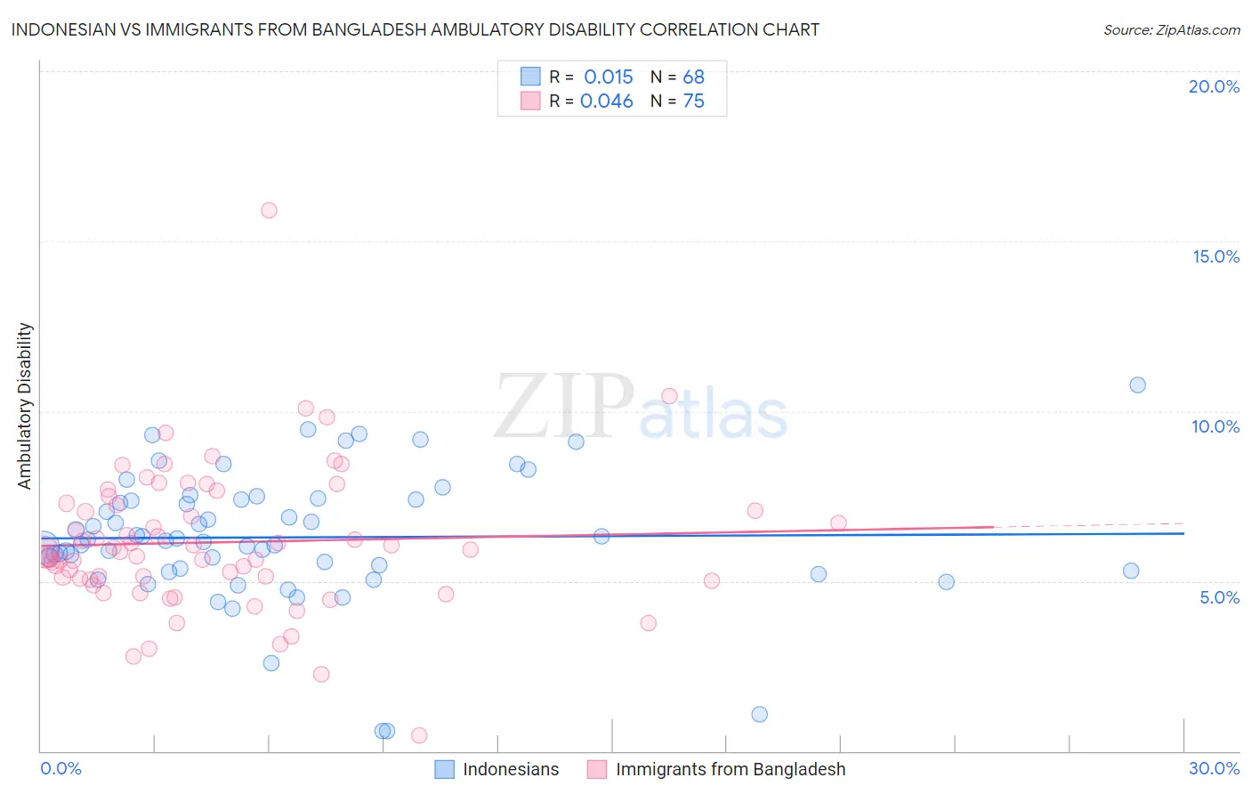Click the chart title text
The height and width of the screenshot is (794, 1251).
click(x=416, y=29)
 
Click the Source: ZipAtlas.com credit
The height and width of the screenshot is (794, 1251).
click(x=1171, y=29)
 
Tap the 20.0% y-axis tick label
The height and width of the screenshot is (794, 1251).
click(x=1214, y=86)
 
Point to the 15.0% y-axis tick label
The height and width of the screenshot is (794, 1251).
click(x=1215, y=256)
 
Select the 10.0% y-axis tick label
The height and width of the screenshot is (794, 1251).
click(x=1215, y=426)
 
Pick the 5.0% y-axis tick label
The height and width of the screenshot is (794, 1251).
click(x=1219, y=597)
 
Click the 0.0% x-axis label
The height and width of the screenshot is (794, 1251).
click(x=61, y=768)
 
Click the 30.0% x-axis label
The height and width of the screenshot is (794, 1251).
click(x=1214, y=768)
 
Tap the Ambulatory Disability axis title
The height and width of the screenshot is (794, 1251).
click(x=25, y=406)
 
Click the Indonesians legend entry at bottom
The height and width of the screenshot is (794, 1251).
click(x=511, y=769)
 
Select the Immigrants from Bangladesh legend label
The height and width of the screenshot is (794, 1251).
click(x=730, y=769)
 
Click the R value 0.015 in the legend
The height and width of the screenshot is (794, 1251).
click(x=608, y=77)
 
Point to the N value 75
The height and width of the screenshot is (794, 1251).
click(x=693, y=101)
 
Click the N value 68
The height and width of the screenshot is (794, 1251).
click(x=693, y=77)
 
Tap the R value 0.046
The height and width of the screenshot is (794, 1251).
click(x=606, y=101)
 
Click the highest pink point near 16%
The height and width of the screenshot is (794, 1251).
click(x=269, y=210)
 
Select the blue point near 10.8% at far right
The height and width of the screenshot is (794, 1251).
click(x=1137, y=385)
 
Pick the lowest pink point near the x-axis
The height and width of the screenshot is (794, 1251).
click(x=419, y=735)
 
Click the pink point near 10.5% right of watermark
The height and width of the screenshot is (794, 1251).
click(x=669, y=396)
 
